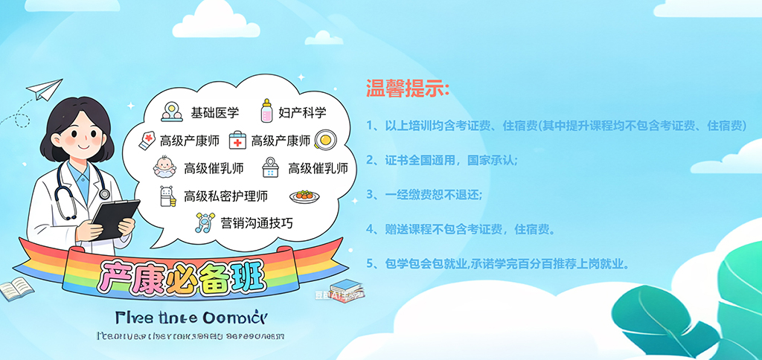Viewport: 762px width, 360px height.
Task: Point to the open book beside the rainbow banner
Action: click(16, 289)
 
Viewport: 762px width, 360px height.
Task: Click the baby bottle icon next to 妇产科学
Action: click(266, 112)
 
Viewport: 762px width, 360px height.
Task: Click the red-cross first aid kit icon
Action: click(237, 140)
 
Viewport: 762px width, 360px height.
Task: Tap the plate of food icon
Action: click(304, 196)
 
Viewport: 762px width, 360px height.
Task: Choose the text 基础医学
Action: click(215, 112)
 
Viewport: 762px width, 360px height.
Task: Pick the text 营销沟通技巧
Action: click(257, 223)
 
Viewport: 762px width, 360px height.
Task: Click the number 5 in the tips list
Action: click(371, 263)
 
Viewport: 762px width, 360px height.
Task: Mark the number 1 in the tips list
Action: click(370, 126)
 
